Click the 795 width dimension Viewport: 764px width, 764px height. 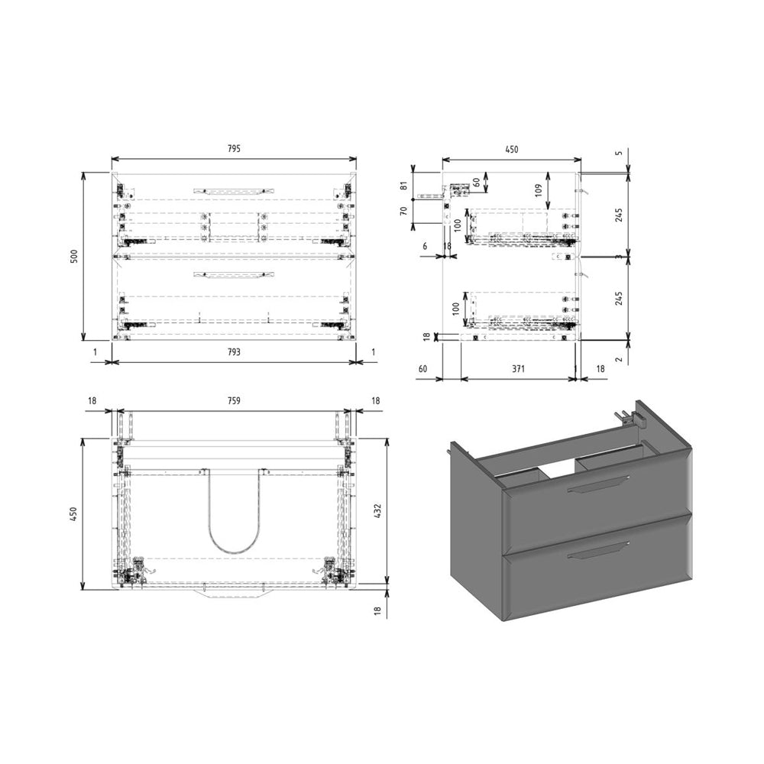coord(234,149)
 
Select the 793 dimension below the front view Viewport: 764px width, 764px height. coord(234,352)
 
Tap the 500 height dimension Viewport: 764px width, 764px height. coord(74,257)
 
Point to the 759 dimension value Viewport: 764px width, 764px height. coord(234,400)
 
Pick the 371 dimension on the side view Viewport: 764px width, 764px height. coord(518,369)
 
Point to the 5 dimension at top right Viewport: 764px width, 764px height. coord(620,152)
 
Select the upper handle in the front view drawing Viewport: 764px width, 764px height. coord(234,189)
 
